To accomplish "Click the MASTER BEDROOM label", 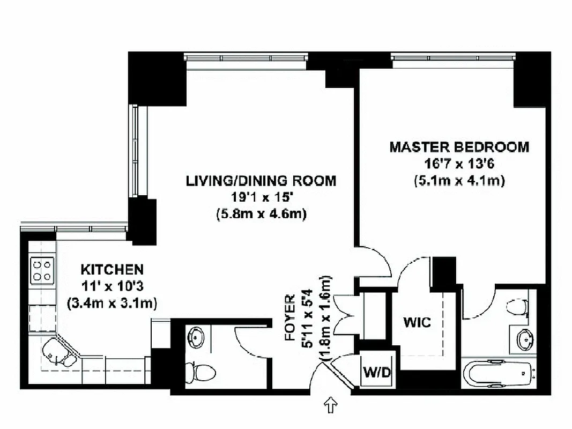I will pos(459,147).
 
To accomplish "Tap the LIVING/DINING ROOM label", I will pos(261,181).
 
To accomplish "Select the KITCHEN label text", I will pos(112,269).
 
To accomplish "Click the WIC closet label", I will pos(417,323).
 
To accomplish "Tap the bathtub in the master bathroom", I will pos(498,374).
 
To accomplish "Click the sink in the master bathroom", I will pos(524,339).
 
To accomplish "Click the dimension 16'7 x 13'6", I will pos(459,164).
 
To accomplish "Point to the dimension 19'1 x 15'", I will pos(261,198).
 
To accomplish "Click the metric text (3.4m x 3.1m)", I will pos(112,303).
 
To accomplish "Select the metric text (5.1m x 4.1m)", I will pos(459,181).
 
